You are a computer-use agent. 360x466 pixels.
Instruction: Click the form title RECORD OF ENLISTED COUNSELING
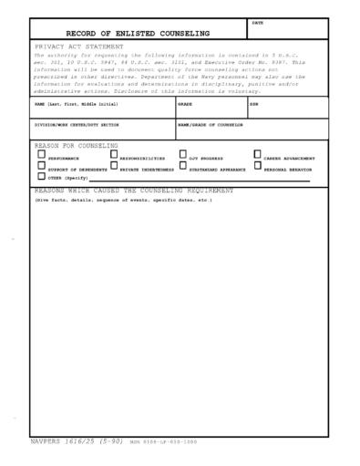(137, 33)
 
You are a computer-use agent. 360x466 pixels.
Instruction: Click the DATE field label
(257, 23)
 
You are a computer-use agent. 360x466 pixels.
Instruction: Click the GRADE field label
(185, 105)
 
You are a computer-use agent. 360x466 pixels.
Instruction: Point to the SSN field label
(254, 105)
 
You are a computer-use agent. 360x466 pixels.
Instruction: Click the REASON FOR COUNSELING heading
(77, 145)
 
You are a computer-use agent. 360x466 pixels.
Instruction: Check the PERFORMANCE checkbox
(41, 154)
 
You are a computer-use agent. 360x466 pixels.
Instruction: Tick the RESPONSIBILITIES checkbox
(114, 154)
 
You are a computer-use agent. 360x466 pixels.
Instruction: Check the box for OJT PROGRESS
(183, 154)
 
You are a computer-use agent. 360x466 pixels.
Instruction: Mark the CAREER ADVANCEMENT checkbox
(258, 154)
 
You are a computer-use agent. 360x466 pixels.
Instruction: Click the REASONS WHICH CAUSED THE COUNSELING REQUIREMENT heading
(134, 191)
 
